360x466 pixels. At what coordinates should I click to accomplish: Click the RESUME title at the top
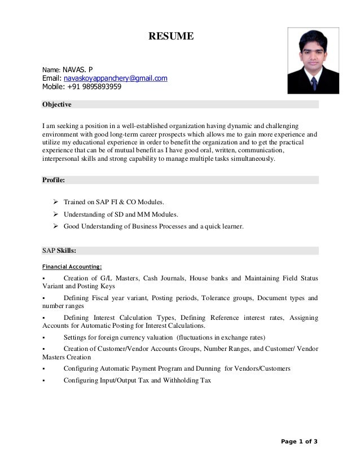[x=171, y=37]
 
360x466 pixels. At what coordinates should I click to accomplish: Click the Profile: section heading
[x=54, y=180]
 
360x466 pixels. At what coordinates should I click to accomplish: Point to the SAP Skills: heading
[x=60, y=250]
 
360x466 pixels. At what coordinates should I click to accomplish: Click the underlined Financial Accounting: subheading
[x=72, y=266]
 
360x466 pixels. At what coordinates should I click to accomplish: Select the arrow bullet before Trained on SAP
[x=56, y=201]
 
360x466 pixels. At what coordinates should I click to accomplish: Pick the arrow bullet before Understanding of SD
[x=56, y=214]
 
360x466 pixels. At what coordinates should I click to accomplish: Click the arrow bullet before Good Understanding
[x=56, y=226]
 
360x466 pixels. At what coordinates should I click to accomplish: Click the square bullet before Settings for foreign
[x=43, y=338]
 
